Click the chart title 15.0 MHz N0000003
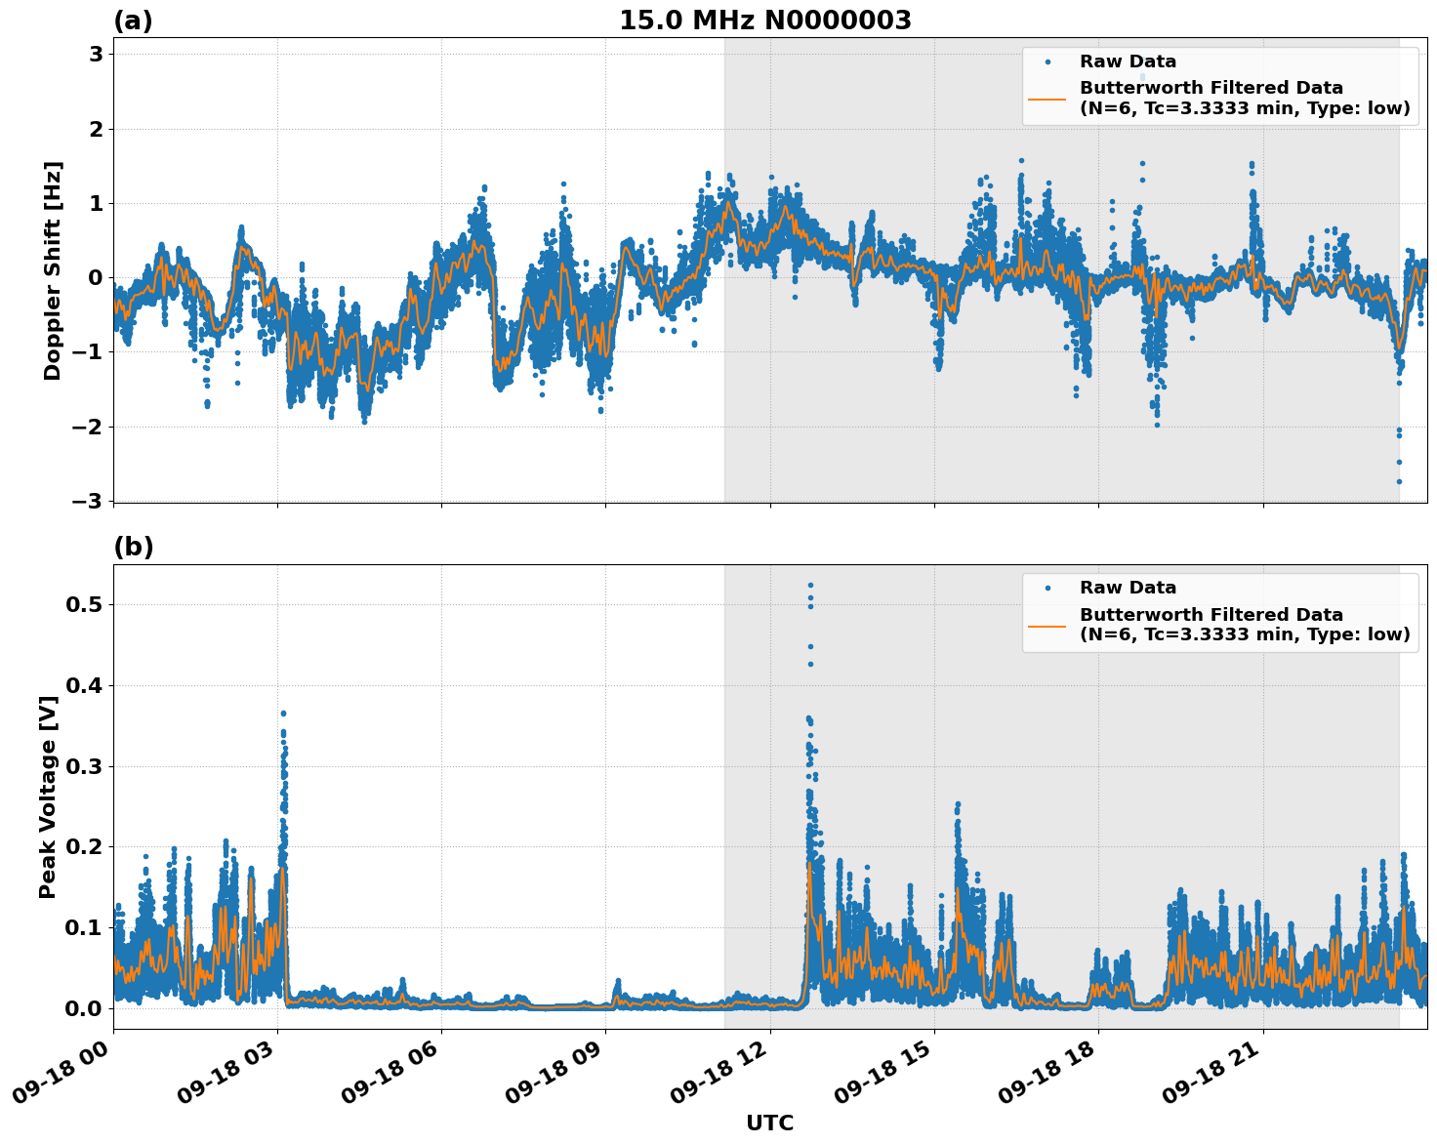coord(764,20)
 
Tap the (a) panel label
coord(133,20)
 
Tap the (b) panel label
coord(133,547)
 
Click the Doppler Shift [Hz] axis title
coord(53,270)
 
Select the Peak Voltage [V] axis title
coord(48,797)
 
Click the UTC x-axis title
coord(769,1123)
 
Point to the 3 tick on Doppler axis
coord(96,55)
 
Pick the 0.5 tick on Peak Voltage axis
coord(83,605)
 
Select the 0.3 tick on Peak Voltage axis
coord(83,766)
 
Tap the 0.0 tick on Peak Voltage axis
coord(83,1008)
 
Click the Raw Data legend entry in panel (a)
coord(1128,61)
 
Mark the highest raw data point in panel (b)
coord(810,585)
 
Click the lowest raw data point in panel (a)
coord(1399,481)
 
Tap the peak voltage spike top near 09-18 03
coord(283,714)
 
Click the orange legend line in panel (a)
coord(1047,99)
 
